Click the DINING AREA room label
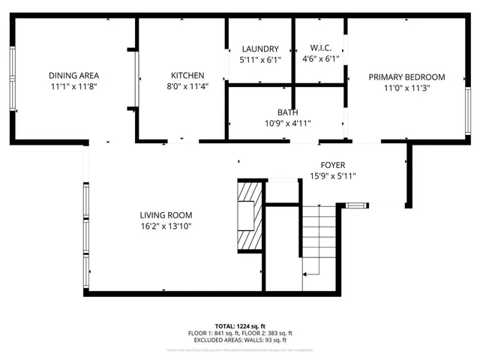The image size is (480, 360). tap(73, 75)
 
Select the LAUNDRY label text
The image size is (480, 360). tap(260, 49)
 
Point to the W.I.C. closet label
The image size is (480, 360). tap(321, 49)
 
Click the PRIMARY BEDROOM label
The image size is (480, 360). tap(406, 76)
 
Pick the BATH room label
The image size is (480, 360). tap(286, 112)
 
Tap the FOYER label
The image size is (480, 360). tap(333, 165)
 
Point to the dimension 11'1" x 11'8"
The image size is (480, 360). tap(73, 86)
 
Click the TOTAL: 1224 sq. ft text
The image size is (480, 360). tap(239, 326)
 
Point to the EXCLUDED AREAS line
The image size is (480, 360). tap(239, 340)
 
